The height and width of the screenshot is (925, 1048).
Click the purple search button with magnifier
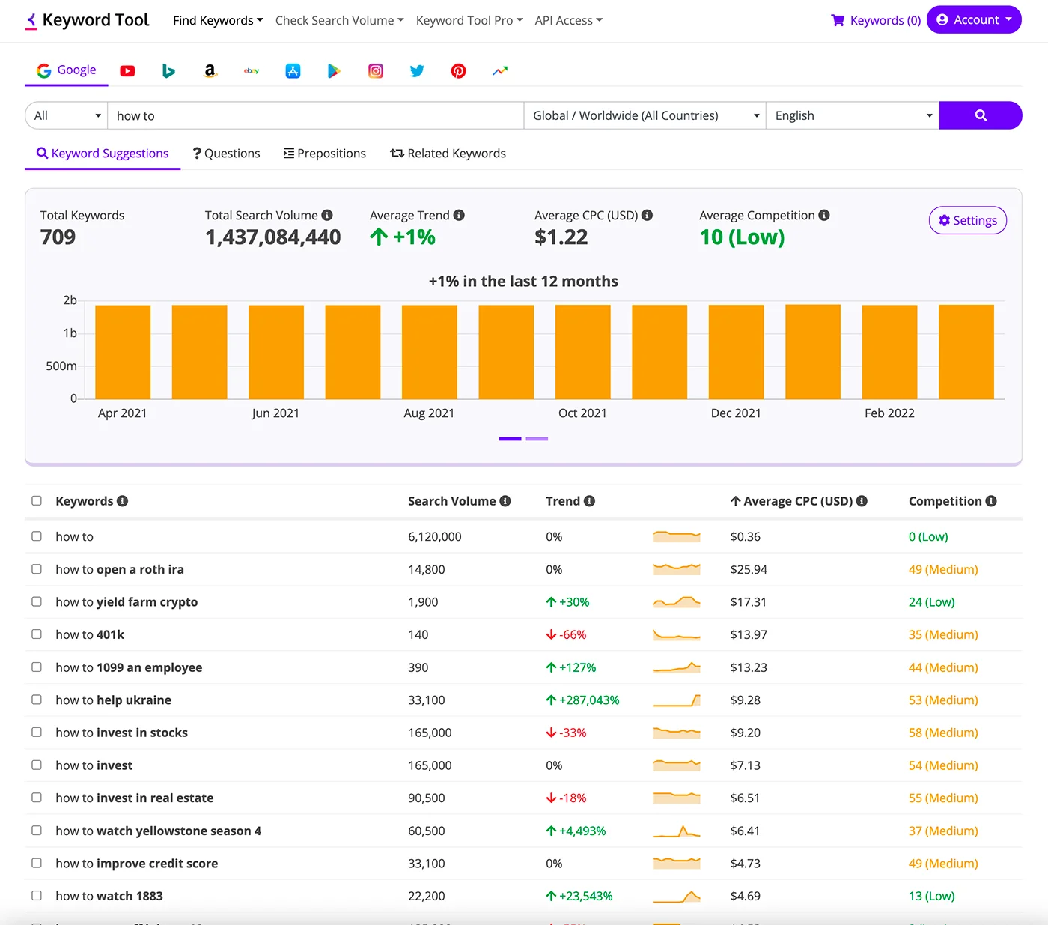pyautogui.click(x=980, y=115)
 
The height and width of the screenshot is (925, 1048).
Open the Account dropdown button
pyautogui.click(x=974, y=20)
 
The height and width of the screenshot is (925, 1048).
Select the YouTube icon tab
pyautogui.click(x=127, y=70)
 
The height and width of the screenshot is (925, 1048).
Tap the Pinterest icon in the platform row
pyautogui.click(x=458, y=70)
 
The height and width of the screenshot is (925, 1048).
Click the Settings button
pyautogui.click(x=967, y=220)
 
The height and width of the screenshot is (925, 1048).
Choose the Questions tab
pyautogui.click(x=226, y=153)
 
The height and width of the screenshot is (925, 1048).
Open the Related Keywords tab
pyautogui.click(x=448, y=153)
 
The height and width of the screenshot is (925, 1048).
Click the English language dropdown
pyautogui.click(x=852, y=115)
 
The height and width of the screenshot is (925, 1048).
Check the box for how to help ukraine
pyautogui.click(x=37, y=700)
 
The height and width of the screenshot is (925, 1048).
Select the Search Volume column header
pyautogui.click(x=451, y=501)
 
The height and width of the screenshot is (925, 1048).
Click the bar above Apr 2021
pyautogui.click(x=123, y=352)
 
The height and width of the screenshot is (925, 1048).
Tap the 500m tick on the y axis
pyautogui.click(x=61, y=366)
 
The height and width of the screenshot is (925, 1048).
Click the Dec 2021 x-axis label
pyautogui.click(x=736, y=413)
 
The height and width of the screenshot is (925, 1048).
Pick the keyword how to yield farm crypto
pyautogui.click(x=127, y=602)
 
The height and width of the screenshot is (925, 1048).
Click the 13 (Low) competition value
pyautogui.click(x=931, y=896)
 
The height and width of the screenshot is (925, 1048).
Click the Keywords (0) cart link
pyautogui.click(x=876, y=20)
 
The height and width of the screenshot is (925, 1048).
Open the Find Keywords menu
pyautogui.click(x=217, y=20)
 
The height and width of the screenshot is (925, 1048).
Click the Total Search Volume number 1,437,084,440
pyautogui.click(x=272, y=237)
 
